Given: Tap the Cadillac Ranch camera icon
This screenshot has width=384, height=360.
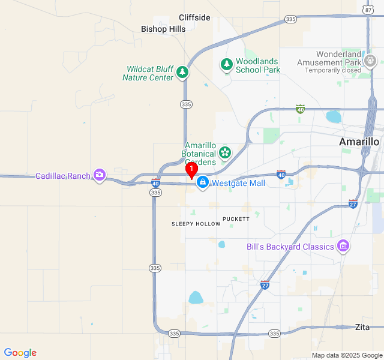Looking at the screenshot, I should (x=99, y=176).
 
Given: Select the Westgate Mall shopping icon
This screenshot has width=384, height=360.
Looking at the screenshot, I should (x=203, y=182).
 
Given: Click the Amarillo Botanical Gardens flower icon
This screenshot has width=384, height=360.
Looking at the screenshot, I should (x=225, y=152).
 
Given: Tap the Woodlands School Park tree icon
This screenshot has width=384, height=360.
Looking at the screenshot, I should (x=226, y=65).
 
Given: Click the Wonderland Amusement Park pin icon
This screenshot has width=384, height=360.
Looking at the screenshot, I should (x=371, y=61).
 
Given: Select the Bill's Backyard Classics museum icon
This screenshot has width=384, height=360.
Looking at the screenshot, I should (x=343, y=246).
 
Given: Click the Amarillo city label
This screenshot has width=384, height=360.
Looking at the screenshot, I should (x=359, y=142).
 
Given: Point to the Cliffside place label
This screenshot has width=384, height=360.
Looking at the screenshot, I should (x=194, y=17).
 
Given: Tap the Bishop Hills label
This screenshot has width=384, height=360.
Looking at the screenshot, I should (x=163, y=28).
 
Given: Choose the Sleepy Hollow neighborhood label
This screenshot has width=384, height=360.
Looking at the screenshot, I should (x=196, y=224).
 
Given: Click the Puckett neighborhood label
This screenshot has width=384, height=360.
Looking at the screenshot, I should (x=236, y=219).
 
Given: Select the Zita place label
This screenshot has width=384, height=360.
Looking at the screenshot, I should (x=362, y=327).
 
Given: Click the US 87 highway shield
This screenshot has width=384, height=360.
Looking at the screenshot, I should (x=368, y=9).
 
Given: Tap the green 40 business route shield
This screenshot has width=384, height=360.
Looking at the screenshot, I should (x=300, y=109).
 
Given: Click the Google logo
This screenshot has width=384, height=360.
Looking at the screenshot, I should (x=20, y=353).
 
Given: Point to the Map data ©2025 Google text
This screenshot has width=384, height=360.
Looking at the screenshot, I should (x=347, y=355).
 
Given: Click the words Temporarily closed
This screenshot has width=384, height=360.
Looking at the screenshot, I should (x=332, y=70).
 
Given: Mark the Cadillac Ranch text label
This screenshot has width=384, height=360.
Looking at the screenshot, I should (x=62, y=176).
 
